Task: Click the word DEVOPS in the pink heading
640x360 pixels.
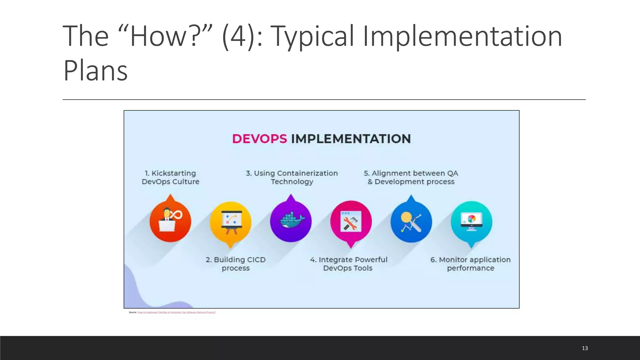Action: coord(259,139)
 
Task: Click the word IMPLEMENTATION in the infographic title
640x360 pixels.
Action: coord(351,139)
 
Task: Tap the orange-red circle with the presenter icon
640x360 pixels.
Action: coord(170,222)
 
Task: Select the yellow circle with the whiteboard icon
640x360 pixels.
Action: coord(231,222)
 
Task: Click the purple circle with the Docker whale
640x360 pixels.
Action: coord(291,221)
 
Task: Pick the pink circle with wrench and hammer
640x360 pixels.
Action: coord(351,222)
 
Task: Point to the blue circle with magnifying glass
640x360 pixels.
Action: coord(411,222)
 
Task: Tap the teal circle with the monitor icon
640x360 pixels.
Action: coord(471,222)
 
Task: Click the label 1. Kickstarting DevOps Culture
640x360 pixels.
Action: coord(170,177)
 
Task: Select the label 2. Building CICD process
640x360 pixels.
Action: coord(236,264)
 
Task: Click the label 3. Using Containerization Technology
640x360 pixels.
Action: coord(292,177)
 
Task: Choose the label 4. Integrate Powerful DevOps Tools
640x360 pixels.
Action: coord(348,264)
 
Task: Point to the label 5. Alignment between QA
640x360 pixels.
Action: coord(411,173)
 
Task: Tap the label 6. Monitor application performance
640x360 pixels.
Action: coord(470,264)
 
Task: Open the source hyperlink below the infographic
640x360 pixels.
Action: coord(177,312)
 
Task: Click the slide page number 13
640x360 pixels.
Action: coord(585,348)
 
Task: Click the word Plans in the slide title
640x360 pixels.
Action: coord(95,71)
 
